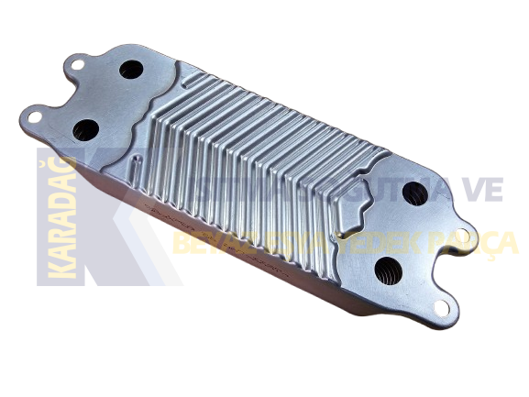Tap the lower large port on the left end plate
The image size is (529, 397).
pyautogui.click(x=86, y=128)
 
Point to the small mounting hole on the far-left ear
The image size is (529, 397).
pyautogui.click(x=34, y=116)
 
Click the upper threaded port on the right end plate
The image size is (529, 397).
pyautogui.click(x=414, y=193)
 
